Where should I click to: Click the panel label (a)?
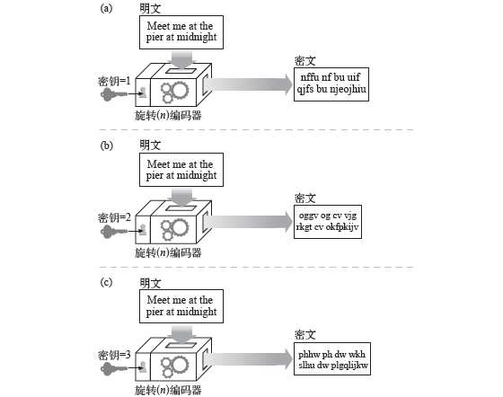click(x=107, y=8)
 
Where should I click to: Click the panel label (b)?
click(x=107, y=145)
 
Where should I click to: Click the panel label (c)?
click(x=107, y=283)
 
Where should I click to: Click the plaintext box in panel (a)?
click(x=180, y=32)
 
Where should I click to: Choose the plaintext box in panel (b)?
click(x=180, y=170)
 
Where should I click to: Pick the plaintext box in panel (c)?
click(x=180, y=306)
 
